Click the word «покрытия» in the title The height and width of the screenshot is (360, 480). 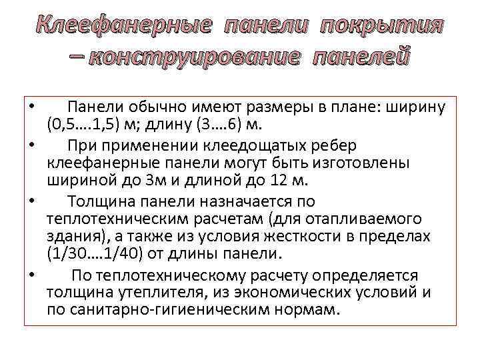click(381, 26)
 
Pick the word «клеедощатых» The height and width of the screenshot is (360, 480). click(251, 145)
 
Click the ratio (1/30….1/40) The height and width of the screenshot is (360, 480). click(94, 254)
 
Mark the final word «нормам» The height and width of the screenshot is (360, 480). click(306, 310)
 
